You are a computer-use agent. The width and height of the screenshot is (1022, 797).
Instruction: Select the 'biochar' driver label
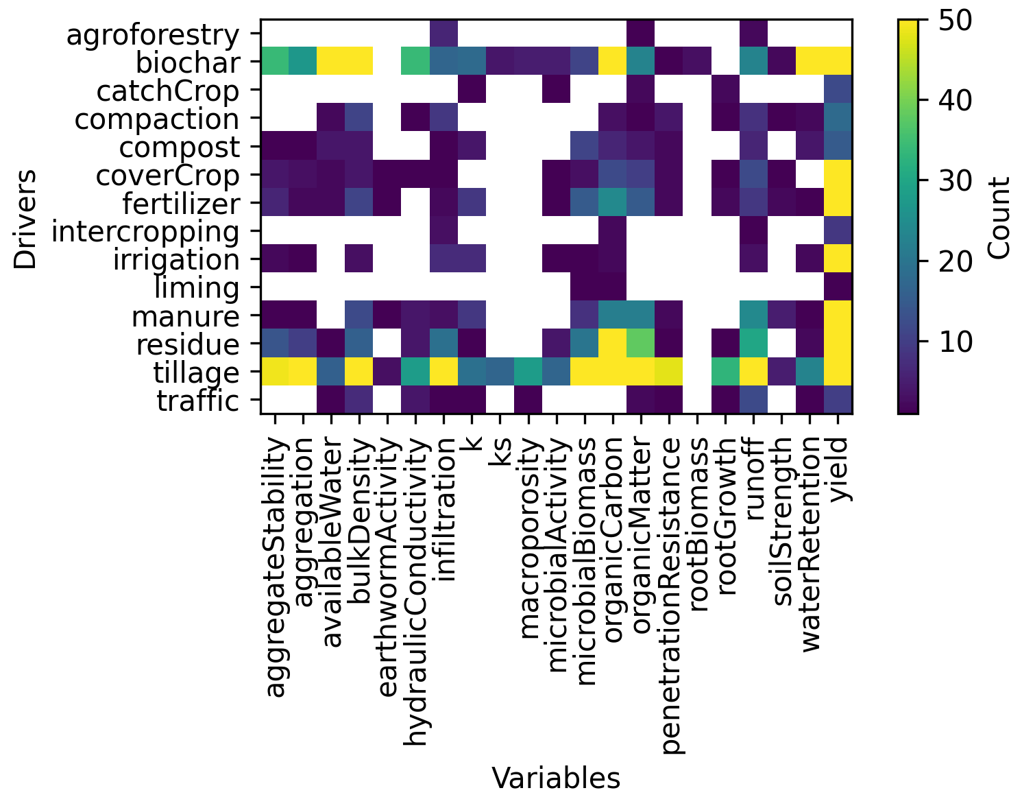point(188,63)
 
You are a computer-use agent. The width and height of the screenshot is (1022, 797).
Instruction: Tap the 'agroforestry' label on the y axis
point(153,35)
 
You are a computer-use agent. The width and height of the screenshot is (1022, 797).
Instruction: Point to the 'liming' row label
point(197,288)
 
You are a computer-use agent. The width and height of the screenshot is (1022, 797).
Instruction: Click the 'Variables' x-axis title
point(556,778)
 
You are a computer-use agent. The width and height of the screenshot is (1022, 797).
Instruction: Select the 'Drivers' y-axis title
point(26,219)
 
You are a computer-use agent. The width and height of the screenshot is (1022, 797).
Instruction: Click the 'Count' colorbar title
point(1000,218)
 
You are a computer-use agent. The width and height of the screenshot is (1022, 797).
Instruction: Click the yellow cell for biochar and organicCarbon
point(613,62)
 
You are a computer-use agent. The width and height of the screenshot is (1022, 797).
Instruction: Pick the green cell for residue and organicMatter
point(641,344)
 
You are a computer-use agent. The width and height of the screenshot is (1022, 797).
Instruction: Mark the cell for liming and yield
point(838,288)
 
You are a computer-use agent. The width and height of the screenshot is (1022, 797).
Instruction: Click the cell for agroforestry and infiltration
point(443,34)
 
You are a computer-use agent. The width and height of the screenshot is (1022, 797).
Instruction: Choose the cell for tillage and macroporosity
point(528,372)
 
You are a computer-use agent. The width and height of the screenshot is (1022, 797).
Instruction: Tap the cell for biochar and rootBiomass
point(697,62)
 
